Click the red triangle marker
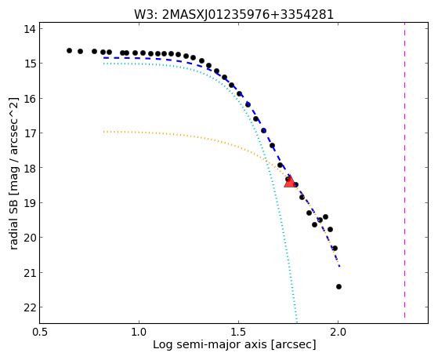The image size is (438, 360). point(290,181)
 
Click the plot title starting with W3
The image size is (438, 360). point(233,14)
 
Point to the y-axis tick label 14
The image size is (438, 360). point(30,29)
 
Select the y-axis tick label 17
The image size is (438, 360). point(30,133)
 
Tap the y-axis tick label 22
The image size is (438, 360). point(30,307)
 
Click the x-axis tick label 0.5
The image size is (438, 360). point(39,332)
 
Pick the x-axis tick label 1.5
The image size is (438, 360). point(238,332)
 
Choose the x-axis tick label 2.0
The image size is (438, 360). point(338,332)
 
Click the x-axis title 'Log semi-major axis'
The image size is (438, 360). point(210,345)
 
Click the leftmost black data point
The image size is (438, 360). point(69,51)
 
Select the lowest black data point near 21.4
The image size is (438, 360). point(338,287)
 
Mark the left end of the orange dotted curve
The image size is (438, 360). point(103,132)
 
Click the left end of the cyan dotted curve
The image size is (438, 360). point(103,64)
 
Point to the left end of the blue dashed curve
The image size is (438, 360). point(103,57)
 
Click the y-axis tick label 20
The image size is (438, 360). point(30,238)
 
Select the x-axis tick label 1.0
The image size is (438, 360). point(139,332)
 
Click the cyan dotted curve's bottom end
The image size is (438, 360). point(297,322)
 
